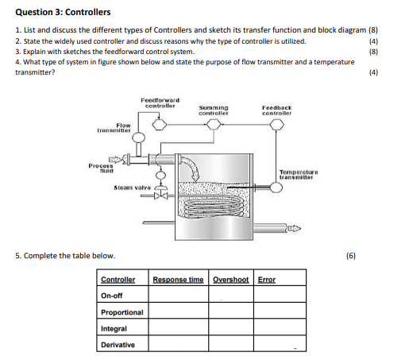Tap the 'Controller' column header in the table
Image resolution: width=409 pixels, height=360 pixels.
pos(118,279)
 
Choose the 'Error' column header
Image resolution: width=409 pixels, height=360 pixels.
pos(267,279)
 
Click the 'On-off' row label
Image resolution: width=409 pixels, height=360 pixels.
pos(112,296)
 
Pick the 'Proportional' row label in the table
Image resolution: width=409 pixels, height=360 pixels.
pos(122,312)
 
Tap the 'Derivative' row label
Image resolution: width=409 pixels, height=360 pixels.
pos(118,345)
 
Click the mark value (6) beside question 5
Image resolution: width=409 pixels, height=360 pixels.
pos(353,256)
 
